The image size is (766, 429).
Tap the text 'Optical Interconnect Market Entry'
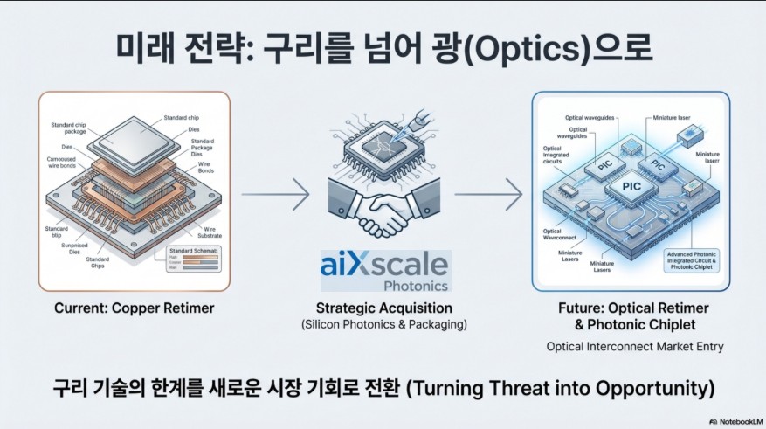tap(635, 346)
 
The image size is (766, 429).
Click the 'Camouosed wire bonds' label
tap(65, 164)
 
